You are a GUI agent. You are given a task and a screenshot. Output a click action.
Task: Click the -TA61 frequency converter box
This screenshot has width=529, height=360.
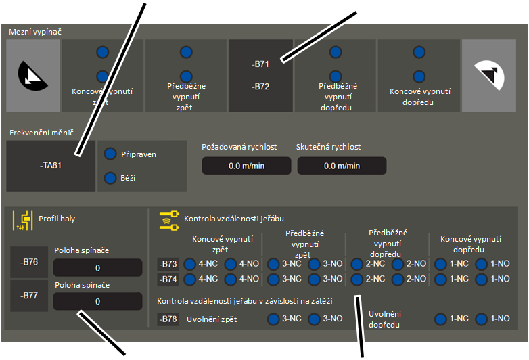[x=51, y=166]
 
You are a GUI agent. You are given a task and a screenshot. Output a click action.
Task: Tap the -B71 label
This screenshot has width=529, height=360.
[x=260, y=64]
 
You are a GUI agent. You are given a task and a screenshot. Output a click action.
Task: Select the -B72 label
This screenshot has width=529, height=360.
[x=260, y=87]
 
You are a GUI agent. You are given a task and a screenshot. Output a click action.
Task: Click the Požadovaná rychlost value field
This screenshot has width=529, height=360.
[x=246, y=166]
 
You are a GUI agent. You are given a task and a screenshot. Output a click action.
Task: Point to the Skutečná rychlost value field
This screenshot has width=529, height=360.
[x=342, y=166]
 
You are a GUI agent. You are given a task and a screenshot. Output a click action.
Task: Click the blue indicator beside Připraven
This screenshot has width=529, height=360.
[x=110, y=154]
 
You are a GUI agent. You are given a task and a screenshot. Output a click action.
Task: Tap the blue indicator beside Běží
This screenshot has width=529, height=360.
[x=110, y=177]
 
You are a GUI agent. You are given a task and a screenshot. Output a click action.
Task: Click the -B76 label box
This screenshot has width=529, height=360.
[x=29, y=262]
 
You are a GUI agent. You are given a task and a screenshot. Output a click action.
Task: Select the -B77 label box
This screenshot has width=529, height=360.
[x=29, y=296]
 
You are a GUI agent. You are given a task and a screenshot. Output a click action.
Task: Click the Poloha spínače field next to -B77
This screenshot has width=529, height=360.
[x=97, y=301]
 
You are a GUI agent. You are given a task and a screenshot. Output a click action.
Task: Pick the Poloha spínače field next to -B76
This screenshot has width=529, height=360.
[x=97, y=267]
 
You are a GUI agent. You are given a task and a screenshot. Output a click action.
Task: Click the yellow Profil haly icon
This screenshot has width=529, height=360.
[x=23, y=221]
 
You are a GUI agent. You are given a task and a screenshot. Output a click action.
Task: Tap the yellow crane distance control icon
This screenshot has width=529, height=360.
[x=169, y=221]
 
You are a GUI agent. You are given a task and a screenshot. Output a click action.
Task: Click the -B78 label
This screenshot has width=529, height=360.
[x=168, y=319]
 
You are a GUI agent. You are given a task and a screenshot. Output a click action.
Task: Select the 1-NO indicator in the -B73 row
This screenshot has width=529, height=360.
[x=482, y=264]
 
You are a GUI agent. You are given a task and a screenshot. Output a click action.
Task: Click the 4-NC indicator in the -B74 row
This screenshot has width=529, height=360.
[x=189, y=279]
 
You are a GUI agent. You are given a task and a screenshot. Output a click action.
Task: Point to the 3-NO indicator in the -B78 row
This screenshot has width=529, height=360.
[x=314, y=319]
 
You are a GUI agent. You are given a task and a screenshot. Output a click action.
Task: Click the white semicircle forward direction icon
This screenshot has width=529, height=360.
[x=490, y=75]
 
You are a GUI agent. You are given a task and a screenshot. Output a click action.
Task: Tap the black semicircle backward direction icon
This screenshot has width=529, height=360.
[x=32, y=76]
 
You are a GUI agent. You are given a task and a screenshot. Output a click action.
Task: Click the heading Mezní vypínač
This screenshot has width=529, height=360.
[x=35, y=32]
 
